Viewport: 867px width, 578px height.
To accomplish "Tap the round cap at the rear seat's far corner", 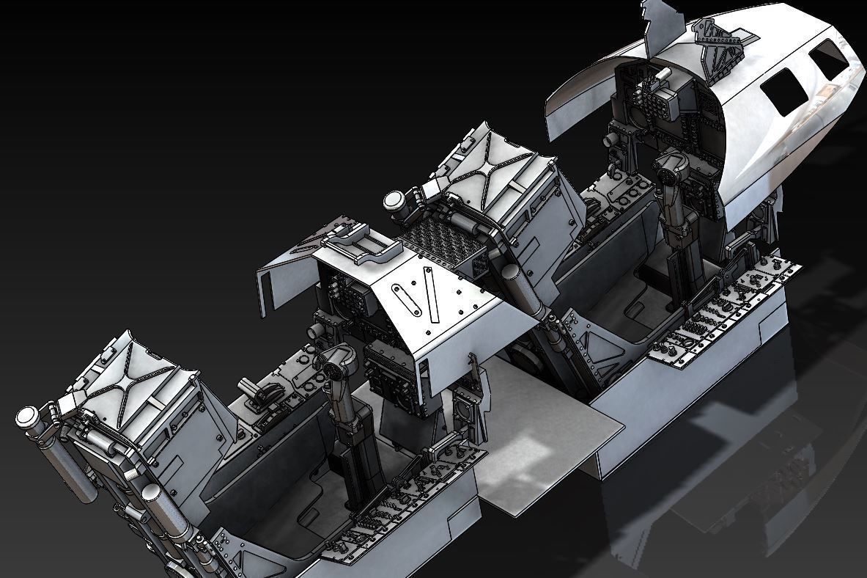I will (x=29, y=420).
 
